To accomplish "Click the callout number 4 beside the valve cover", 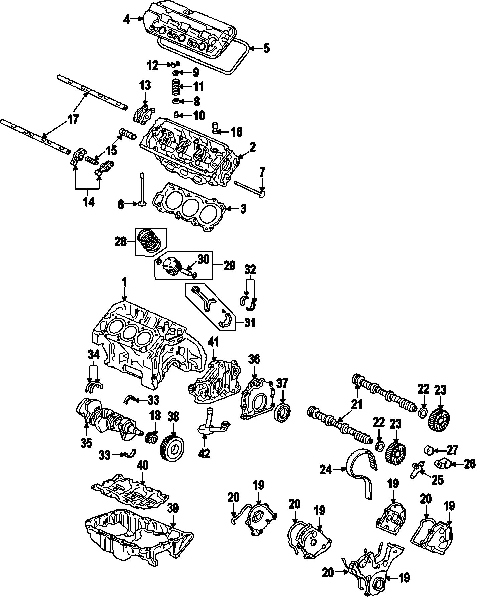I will pos(126,19).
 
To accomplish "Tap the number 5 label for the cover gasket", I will pos(266,48).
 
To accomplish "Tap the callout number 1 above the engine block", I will pos(125,283).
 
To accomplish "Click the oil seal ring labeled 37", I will pos(282,412).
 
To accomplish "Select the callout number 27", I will pos(452,450).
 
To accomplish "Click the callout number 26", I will pos(469,464).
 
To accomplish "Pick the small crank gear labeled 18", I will pos(152,437).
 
